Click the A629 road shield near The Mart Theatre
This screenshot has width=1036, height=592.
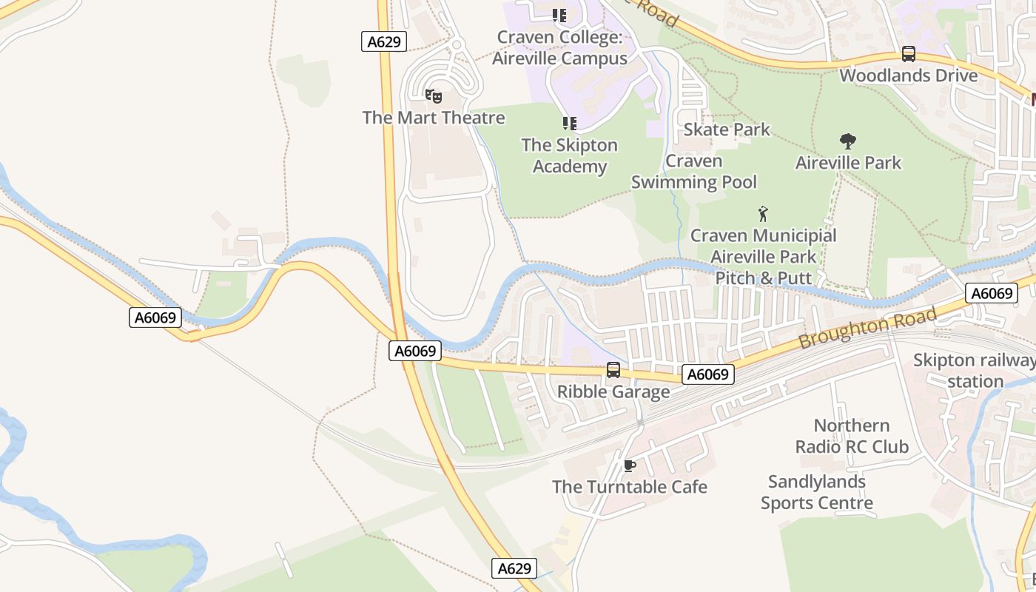coord(384,41)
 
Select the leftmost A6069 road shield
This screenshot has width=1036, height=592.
coord(155,317)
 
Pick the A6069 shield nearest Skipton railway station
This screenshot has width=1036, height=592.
coord(992,293)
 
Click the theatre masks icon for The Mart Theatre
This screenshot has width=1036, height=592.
coord(434,95)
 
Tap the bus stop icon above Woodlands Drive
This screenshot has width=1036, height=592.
coord(908,54)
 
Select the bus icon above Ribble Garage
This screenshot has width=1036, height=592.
coord(613,370)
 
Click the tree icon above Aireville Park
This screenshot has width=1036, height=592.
coord(848,141)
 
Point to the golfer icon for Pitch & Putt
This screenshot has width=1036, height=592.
coord(763,215)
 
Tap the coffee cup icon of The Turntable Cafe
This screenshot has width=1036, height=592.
coord(630,465)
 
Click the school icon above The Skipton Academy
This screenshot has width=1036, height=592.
coord(569,124)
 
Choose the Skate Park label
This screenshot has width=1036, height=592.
coord(727,129)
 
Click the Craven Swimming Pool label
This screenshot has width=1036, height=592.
coord(694,172)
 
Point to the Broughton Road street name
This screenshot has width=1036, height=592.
coord(867,329)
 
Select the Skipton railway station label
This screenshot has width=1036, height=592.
coord(975,371)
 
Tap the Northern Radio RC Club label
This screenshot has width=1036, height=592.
coord(852,436)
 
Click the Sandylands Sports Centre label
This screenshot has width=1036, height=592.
coord(817,492)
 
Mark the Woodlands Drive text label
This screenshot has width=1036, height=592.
coord(908,75)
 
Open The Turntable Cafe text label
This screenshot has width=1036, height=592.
coord(630,487)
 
